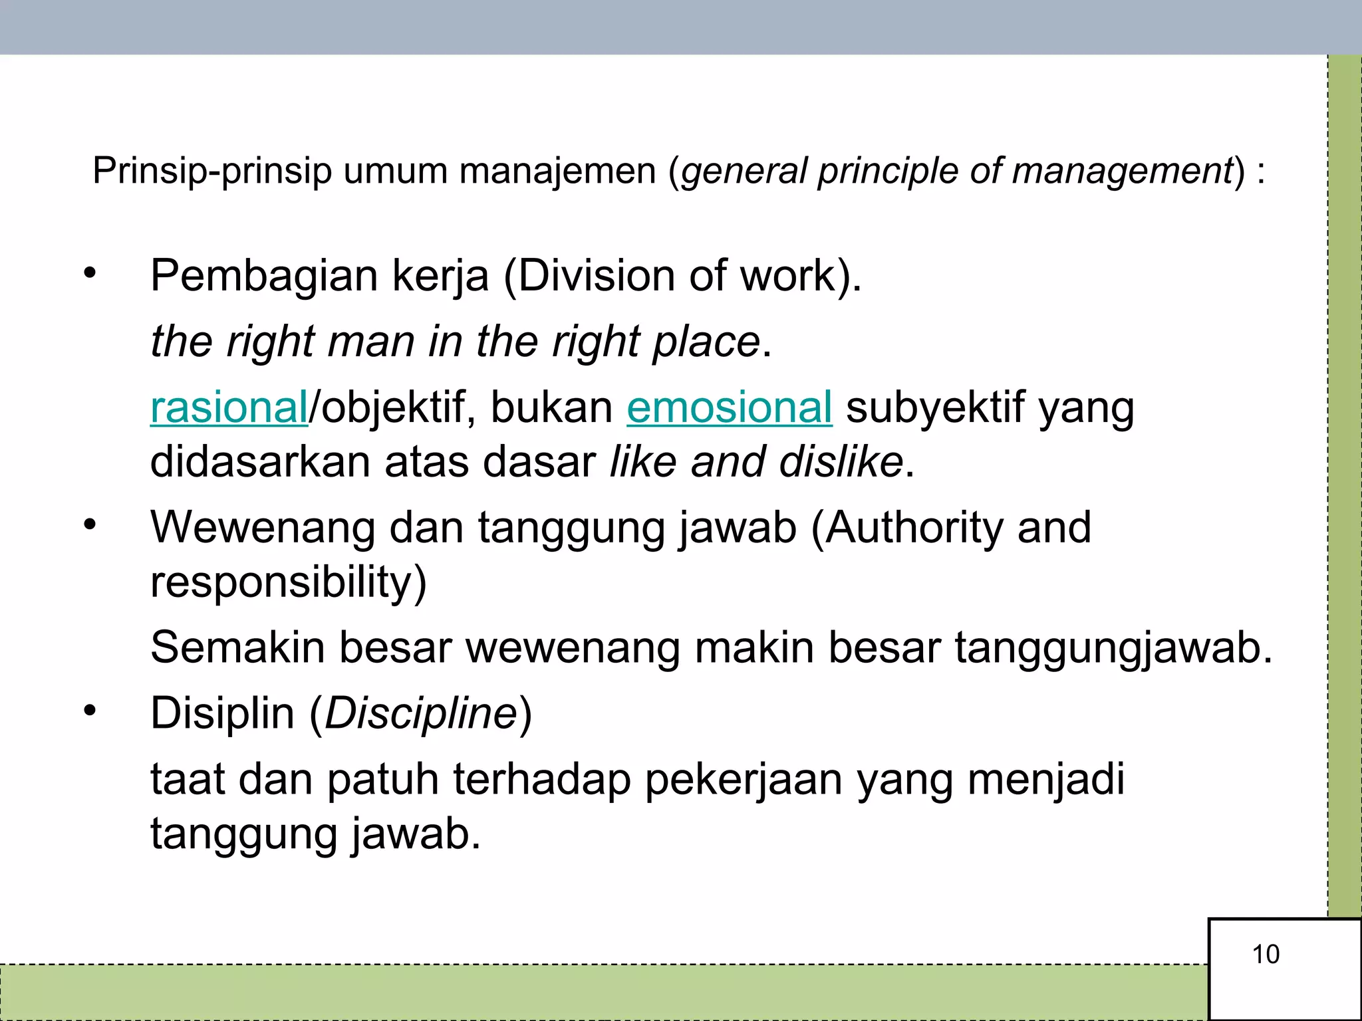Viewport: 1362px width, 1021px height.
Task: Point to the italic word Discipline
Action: tap(421, 714)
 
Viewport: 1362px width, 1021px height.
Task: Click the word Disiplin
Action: tap(222, 714)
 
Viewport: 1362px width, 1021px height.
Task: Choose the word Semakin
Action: tap(237, 647)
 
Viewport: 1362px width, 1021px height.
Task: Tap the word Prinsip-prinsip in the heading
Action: tap(211, 171)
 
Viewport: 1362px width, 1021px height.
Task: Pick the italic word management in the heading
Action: tap(1123, 171)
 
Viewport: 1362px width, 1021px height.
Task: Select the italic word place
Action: tap(706, 342)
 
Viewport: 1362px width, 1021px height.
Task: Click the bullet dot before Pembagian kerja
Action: tap(90, 273)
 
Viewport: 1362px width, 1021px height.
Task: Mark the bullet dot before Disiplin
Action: tap(90, 711)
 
